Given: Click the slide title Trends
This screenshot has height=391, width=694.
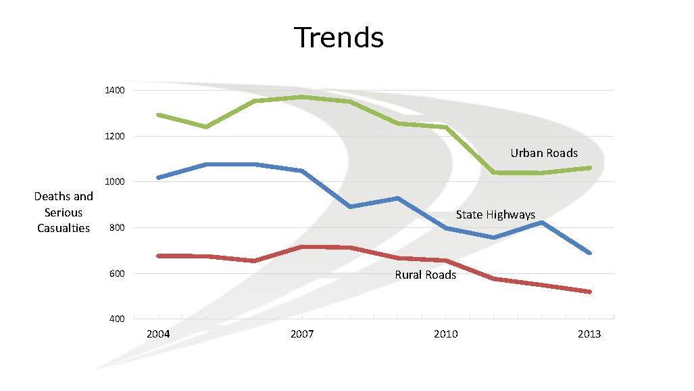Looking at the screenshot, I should pos(339,37).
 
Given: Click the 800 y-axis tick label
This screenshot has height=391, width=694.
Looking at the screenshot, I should pos(116,228).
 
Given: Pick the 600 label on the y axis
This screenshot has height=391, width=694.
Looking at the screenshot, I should pos(116,273).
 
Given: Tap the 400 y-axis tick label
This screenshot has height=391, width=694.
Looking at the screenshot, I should pos(116,319).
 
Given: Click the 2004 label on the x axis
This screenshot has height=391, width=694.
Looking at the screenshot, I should pos(158,334).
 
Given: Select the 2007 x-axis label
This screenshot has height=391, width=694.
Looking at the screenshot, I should pos(302,334).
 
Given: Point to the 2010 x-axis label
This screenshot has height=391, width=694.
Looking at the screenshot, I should pos(446,334).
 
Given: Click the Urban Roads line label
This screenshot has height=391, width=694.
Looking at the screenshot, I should pos(544,153).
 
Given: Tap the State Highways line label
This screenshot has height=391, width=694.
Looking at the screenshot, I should pos(495,215).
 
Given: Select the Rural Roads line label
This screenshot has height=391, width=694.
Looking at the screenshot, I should pos(426,275).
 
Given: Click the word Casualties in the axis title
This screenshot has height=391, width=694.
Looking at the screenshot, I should pos(64,229).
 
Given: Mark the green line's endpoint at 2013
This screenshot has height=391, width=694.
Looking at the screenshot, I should pos(590,168).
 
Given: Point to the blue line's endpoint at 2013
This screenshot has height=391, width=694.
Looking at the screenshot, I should pos(590,253).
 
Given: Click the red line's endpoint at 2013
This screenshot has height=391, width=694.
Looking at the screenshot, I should pos(590,292).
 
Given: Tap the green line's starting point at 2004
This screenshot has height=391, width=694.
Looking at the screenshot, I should pos(158,115).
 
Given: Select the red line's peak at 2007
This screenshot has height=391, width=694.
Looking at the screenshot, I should pos(302,247).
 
